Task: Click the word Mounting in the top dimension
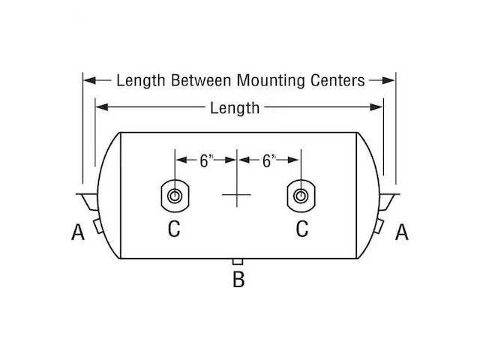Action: coord(271,81)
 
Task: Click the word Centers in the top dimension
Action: coord(337,80)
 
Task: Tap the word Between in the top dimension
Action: coord(201,80)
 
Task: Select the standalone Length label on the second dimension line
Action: coord(235,109)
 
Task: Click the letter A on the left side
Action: coord(78,232)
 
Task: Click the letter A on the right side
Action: coord(402,232)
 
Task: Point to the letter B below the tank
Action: coord(238,279)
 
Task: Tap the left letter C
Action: coord(174,229)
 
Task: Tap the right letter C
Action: coord(302,229)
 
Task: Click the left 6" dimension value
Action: coord(206,160)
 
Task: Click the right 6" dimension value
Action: coord(269,160)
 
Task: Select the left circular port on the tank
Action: coord(175,196)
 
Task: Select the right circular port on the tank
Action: coord(301,196)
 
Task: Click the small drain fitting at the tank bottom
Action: coord(238,262)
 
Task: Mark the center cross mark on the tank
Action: coord(237,194)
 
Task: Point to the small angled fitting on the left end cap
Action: coord(98,226)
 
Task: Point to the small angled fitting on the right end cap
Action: coord(378,226)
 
